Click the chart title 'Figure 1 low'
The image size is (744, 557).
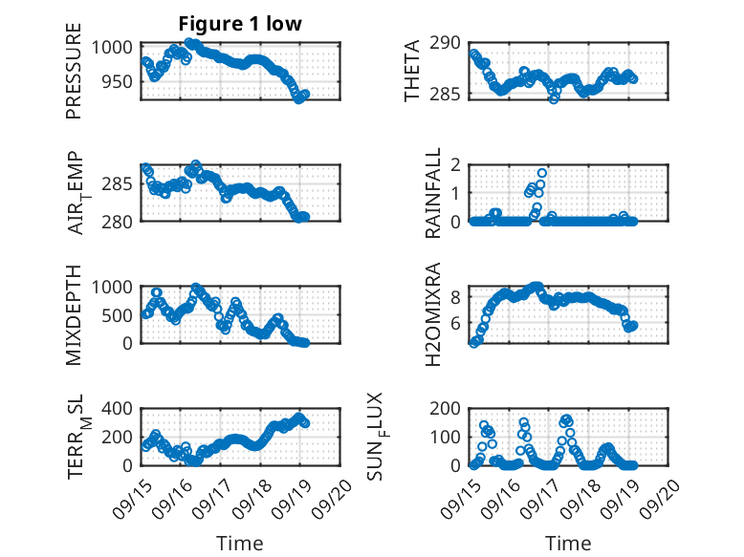click(239, 24)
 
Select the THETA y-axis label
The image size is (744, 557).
click(412, 72)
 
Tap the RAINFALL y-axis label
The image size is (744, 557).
click(433, 192)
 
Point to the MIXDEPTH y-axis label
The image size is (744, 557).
click(74, 314)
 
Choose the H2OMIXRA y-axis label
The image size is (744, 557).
click(433, 314)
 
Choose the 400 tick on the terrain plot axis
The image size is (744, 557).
click(121, 409)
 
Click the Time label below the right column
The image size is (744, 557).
click(568, 544)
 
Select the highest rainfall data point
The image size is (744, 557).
click(542, 174)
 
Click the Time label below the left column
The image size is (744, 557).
click(239, 544)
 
